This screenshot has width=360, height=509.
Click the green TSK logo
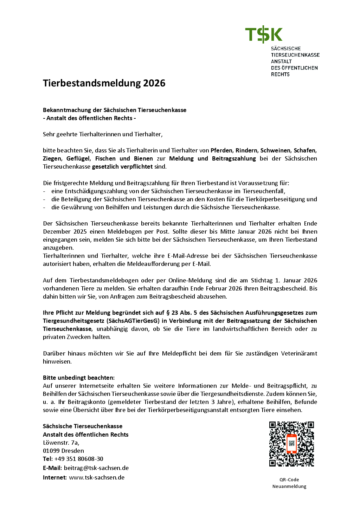tap(264, 35)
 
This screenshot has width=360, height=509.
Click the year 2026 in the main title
tap(154, 83)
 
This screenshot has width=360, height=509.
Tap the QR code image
tap(291, 444)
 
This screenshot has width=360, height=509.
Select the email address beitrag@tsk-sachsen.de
tap(96, 468)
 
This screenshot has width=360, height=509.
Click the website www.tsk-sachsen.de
tap(97, 477)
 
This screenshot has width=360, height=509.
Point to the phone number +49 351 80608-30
tap(79, 459)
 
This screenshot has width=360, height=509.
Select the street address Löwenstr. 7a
tap(61, 443)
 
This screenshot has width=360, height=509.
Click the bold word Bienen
tap(143, 158)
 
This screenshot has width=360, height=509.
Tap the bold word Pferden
tap(221, 150)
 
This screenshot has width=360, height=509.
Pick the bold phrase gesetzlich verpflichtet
tap(122, 167)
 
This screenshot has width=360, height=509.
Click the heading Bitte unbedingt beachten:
tap(79, 378)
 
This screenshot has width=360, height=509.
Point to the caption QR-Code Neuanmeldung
tap(289, 483)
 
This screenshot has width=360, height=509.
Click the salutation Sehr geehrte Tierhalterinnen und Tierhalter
tap(103, 134)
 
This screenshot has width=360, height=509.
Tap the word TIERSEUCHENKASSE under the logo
tap(295, 55)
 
